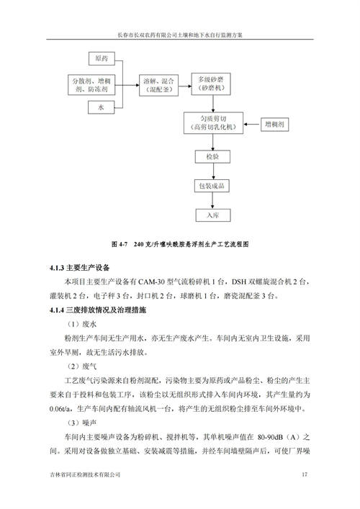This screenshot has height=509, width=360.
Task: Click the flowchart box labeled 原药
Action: tap(102, 58)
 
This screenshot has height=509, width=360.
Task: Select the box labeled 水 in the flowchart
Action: tap(101, 107)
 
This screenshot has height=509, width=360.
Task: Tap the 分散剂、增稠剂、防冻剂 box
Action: tap(91, 85)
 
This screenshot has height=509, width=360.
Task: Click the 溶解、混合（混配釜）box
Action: tap(158, 86)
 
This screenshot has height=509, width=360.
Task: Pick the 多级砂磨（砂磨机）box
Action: tap(211, 84)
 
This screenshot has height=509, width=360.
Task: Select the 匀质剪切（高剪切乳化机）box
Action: tap(213, 123)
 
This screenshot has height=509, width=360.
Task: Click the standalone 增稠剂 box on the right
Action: tap(274, 125)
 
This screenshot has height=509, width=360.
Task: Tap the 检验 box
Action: tap(212, 157)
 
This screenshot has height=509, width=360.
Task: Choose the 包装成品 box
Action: tap(212, 186)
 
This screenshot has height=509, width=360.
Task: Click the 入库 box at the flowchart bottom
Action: tap(213, 215)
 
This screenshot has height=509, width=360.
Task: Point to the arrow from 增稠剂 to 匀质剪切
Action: tap(252, 125)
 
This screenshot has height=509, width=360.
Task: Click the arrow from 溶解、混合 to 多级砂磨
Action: tap(185, 86)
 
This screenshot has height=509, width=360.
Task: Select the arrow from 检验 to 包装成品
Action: tap(213, 171)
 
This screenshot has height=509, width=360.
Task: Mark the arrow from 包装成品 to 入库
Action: tap(212, 201)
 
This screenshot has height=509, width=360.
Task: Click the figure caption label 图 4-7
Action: tap(120, 244)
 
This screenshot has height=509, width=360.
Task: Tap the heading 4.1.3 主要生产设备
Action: tap(79, 268)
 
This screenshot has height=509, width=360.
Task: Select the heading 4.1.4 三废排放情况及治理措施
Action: tap(98, 310)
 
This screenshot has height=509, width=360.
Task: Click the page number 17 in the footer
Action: tap(304, 474)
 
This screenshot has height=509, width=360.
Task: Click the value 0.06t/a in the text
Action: tap(60, 409)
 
